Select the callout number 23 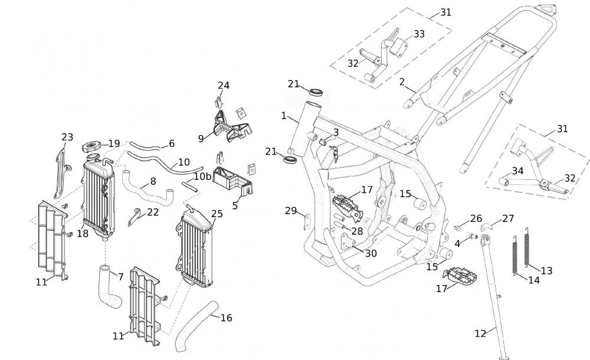pyautogui.click(x=67, y=137)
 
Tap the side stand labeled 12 pyautogui.click(x=493, y=295)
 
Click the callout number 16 pyautogui.click(x=226, y=318)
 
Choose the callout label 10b pyautogui.click(x=203, y=176)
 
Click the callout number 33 pyautogui.click(x=419, y=34)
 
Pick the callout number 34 pyautogui.click(x=517, y=171)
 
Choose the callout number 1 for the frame pyautogui.click(x=284, y=116)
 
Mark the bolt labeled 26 pyautogui.click(x=457, y=227)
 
